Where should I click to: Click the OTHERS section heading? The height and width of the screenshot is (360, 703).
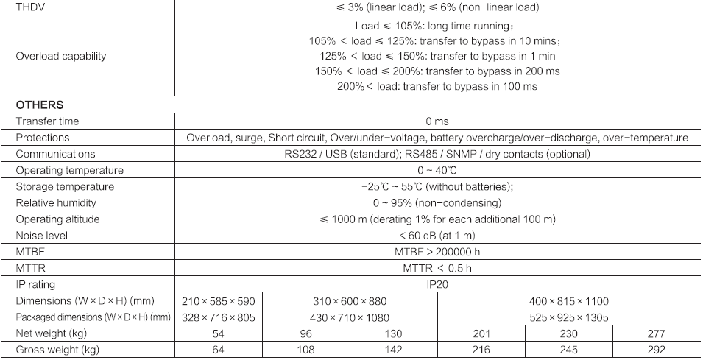40,105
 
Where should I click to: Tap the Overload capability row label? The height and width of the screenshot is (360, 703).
61,55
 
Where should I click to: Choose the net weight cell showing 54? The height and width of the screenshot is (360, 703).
219,333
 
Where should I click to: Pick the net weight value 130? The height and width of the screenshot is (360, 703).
393,333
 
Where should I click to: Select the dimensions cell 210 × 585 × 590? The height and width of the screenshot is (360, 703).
219,300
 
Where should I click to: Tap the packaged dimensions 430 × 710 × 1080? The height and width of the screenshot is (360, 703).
350,317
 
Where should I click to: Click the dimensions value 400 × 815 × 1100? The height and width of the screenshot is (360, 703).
569,300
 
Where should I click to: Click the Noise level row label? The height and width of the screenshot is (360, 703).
41,235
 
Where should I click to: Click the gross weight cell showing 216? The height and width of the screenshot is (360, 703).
481,349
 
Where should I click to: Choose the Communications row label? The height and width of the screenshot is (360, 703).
55,154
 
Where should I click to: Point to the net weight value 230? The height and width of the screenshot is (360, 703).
568,333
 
